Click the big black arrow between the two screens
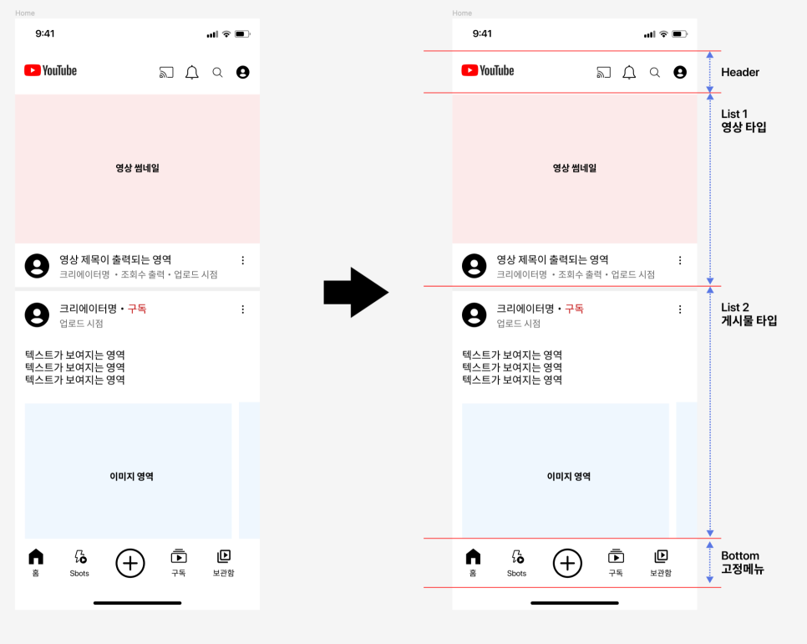point(356,292)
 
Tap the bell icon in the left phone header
point(192,72)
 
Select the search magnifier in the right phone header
point(655,73)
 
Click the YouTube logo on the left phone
point(50,70)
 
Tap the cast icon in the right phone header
point(603,73)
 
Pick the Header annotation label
point(740,72)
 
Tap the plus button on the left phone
point(130,563)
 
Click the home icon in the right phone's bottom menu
point(473,556)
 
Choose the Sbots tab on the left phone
point(79,563)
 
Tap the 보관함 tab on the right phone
point(661,563)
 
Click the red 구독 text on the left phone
point(137,309)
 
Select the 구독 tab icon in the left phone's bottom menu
point(179,556)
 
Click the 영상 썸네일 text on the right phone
point(575,168)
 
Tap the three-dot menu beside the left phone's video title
point(243,261)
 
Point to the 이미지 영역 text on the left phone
point(131,477)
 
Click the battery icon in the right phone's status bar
point(680,34)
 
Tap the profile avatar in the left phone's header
point(243,72)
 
